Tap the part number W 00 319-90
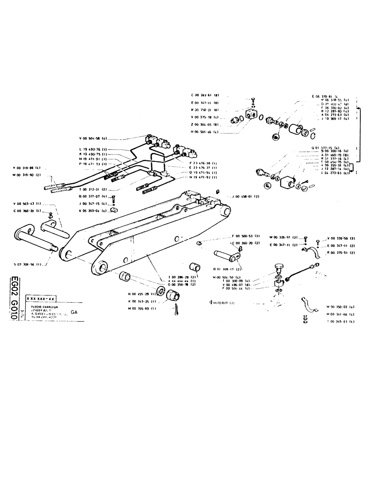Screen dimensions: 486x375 [x=27, y=174]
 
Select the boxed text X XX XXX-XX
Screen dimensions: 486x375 [x=41, y=297]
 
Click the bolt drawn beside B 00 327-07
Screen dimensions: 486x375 [x=113, y=199]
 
